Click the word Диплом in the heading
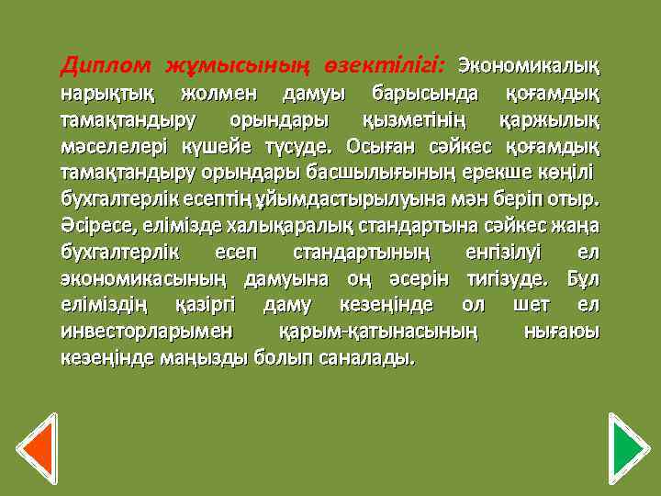click(102, 66)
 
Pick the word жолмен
click(219, 94)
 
